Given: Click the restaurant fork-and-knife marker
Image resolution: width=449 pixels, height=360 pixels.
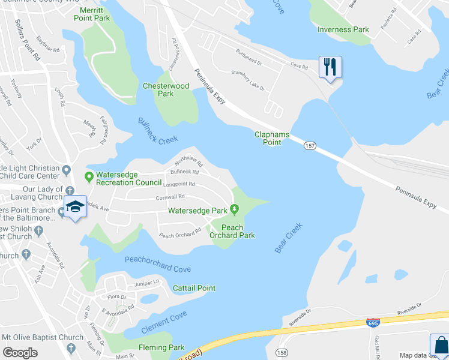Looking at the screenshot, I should (330, 67).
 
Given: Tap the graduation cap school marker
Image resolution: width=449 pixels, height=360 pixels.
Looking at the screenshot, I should (75, 207).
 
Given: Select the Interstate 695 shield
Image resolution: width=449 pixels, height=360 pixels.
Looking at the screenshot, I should (373, 323).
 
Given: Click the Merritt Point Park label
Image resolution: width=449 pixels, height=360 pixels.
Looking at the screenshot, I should (92, 14).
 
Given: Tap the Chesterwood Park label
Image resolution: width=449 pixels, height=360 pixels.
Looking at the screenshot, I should (166, 90).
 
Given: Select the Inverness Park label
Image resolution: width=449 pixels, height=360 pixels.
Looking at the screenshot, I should (343, 29).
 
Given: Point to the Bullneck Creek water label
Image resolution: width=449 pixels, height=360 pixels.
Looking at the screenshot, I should (158, 130).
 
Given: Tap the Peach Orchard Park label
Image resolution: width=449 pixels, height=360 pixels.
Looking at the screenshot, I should (232, 231).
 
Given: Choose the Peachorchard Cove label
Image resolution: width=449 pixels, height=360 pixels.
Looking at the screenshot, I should (157, 264).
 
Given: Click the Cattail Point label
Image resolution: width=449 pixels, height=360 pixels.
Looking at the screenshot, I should (194, 288).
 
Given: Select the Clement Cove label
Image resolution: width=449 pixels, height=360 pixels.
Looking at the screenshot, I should (164, 323).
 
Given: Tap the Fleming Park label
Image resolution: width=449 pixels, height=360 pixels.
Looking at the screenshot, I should (161, 347).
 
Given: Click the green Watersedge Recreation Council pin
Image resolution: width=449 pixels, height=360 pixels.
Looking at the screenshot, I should (89, 177).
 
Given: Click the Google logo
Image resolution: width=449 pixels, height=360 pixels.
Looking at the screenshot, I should (20, 353).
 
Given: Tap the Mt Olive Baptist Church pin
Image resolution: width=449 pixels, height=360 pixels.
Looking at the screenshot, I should (72, 337).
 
